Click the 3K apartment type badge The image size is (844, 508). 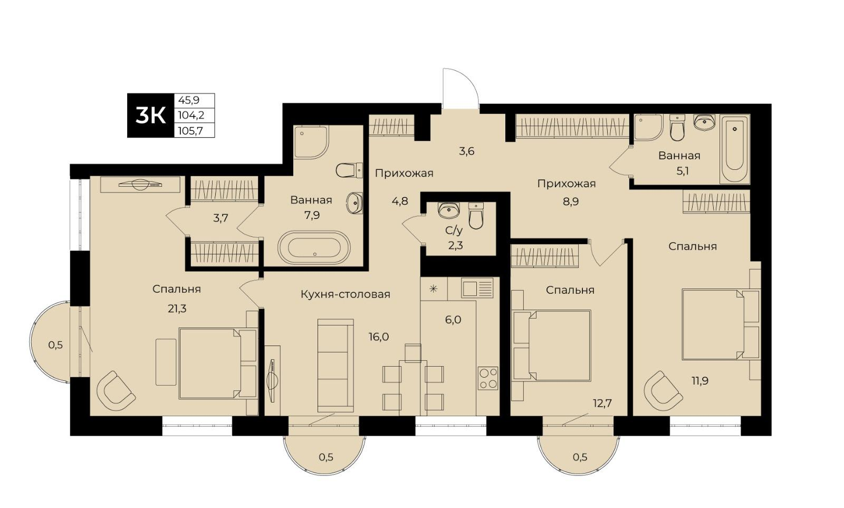[151, 116]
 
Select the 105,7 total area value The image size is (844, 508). [190, 131]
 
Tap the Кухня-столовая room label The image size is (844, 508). [345, 294]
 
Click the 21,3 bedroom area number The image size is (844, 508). [177, 309]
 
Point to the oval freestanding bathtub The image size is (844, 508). [314, 247]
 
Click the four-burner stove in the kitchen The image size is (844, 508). [488, 378]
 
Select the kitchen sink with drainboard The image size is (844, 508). [477, 289]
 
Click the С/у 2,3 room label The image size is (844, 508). [455, 238]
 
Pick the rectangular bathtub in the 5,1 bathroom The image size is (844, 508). [734, 149]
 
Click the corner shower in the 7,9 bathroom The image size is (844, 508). [311, 142]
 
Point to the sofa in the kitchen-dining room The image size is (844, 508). [335, 366]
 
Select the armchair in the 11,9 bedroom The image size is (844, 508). [662, 391]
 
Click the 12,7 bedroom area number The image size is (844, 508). [602, 403]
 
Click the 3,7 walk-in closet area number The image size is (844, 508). [220, 218]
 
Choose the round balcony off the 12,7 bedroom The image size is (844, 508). [578, 455]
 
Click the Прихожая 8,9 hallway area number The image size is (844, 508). [570, 201]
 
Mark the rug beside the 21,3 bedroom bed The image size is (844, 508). [166, 362]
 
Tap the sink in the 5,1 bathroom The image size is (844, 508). [704, 122]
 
